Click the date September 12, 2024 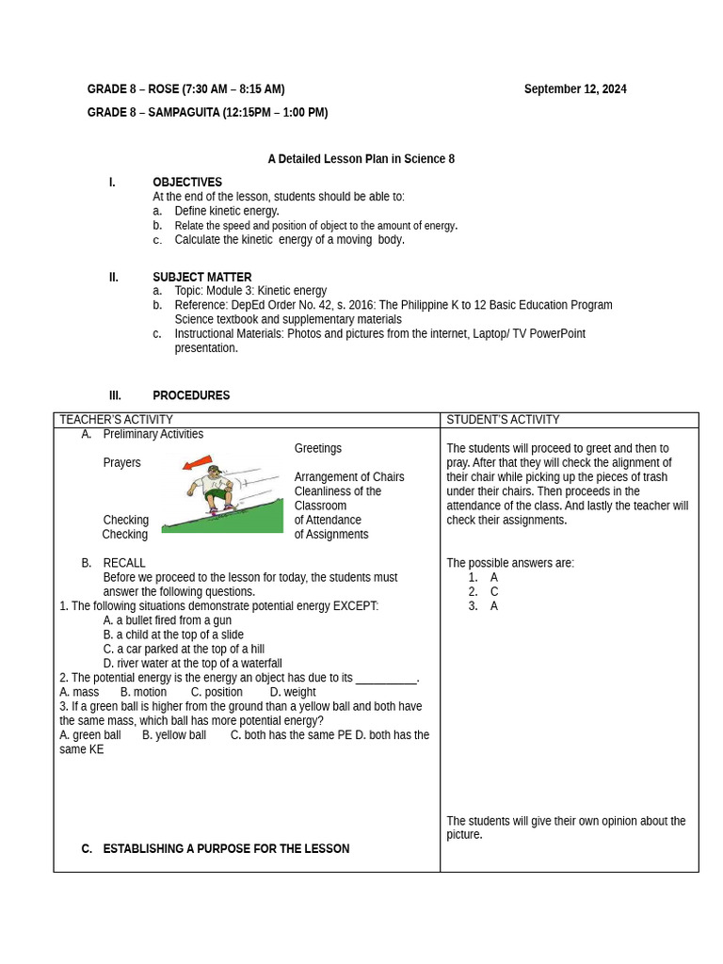tap(574, 89)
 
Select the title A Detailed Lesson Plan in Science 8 tap(361, 159)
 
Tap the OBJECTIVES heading tap(187, 183)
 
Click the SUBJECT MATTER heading tap(201, 278)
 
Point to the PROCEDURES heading tap(191, 395)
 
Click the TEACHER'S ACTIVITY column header tap(116, 420)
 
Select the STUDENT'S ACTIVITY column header tap(503, 420)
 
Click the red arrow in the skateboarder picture tap(198, 462)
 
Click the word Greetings tap(317, 448)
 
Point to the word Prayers tap(121, 463)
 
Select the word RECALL tap(124, 563)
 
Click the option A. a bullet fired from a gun tap(167, 620)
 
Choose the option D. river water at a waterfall tap(192, 664)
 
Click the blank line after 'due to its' tap(386, 680)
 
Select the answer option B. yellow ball tap(174, 735)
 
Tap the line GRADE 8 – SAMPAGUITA tap(207, 113)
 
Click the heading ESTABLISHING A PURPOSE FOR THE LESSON tap(226, 849)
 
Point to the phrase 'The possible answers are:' tap(509, 563)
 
